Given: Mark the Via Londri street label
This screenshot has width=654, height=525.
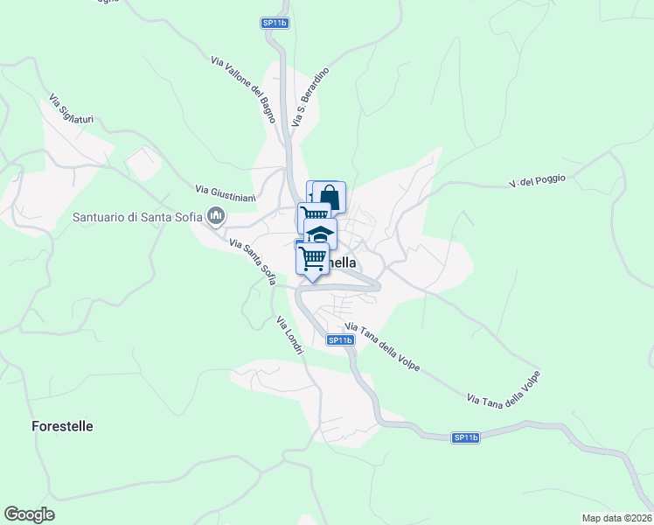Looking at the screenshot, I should click(289, 334).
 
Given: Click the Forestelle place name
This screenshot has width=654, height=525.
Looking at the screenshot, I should click(62, 427).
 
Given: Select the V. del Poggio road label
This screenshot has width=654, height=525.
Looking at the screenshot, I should click(537, 181).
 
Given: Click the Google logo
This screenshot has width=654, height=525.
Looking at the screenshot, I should click(29, 514).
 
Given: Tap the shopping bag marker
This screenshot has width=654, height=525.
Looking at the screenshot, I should click(330, 196).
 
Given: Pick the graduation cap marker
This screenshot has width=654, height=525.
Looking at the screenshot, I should click(321, 234).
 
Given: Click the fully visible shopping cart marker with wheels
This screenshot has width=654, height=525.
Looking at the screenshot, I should click(312, 257).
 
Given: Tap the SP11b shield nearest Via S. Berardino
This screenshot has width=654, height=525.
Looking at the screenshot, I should click(275, 24).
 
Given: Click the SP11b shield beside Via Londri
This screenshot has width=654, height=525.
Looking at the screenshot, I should click(339, 340).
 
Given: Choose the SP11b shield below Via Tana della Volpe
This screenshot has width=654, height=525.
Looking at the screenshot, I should click(466, 437).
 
